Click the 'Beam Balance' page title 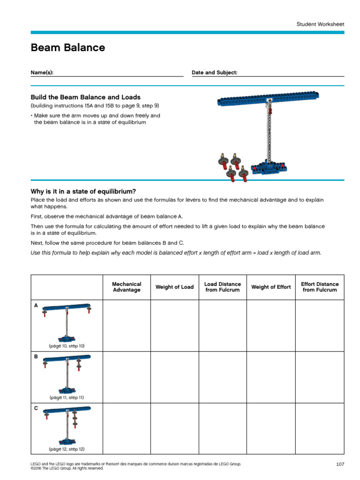click(67, 48)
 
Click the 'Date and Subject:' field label click(214, 73)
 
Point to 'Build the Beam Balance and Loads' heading click(85, 97)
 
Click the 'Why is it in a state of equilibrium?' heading click(83, 191)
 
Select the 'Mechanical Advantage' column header click(127, 287)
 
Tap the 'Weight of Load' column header click(174, 287)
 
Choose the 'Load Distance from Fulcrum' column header click(223, 287)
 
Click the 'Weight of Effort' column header click(271, 287)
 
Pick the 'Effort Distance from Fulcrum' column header click(320, 287)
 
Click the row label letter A click(36, 305)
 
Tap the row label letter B click(36, 357)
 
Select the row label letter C click(36, 408)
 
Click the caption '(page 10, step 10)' click(67, 346)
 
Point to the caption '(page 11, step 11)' click(67, 397)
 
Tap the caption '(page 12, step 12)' click(67, 449)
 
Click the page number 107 click(340, 464)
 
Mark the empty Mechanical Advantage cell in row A click(127, 325)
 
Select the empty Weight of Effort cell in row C click(271, 428)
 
